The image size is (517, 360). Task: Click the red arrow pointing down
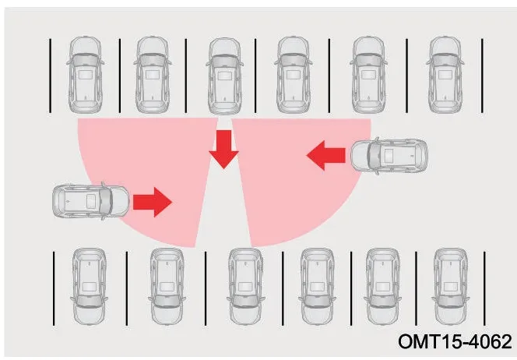224,149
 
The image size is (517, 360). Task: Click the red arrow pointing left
325,155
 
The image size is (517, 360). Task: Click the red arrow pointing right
153,202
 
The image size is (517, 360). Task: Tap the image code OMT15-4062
455,341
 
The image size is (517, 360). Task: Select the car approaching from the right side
389,156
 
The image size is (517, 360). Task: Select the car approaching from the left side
91,201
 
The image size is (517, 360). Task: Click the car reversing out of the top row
224,76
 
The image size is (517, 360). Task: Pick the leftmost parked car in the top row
85,75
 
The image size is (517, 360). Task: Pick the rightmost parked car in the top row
445,75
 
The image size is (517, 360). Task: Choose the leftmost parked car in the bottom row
89,287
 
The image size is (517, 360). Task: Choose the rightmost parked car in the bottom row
451,287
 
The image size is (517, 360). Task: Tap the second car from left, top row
153,75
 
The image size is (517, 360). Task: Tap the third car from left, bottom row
245,287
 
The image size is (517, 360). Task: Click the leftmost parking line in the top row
50,76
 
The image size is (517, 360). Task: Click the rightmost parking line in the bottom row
484,288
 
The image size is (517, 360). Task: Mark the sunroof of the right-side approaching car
389,156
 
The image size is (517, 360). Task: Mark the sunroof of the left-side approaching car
91,201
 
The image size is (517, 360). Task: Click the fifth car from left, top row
368,75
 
